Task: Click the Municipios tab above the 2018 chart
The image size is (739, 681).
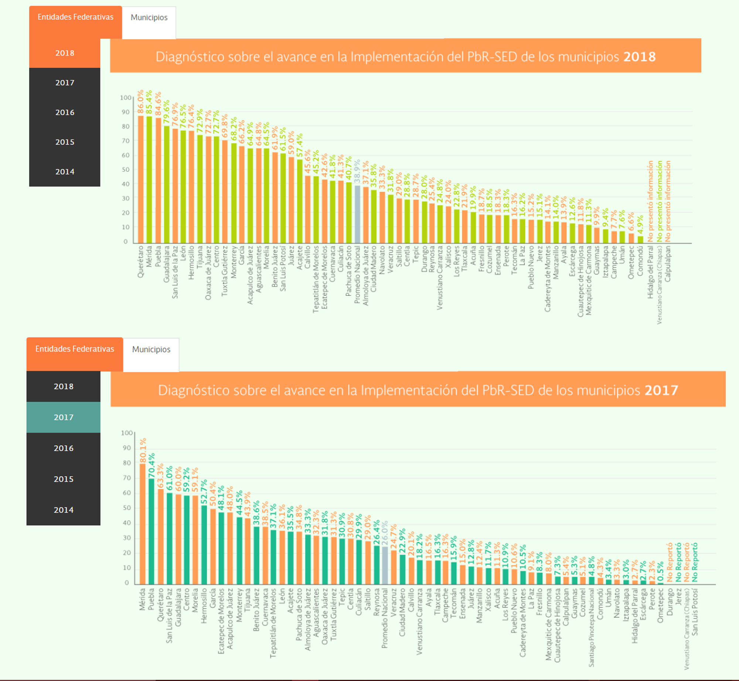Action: pos(149,18)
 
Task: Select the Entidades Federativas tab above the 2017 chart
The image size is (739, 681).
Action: pos(75,349)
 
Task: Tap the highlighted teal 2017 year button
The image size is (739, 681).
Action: pos(64,417)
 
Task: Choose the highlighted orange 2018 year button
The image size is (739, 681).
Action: pos(65,53)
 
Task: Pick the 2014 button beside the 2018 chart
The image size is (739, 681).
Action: pos(65,172)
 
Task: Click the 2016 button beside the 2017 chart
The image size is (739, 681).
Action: pos(64,448)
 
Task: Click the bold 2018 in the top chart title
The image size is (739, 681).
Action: pos(639,57)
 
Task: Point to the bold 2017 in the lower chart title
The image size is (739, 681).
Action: pos(661,390)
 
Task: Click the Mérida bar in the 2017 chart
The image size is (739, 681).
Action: pos(143,524)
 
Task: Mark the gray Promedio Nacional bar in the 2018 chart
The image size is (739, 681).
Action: pos(357,214)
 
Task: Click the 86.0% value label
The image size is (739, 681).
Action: pos(141,102)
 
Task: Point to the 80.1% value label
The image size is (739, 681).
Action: pos(143,450)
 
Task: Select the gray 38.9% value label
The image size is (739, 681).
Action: pos(357,171)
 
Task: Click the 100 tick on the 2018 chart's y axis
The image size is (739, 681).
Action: pos(126,98)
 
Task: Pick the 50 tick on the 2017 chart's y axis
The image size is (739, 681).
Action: pos(127,508)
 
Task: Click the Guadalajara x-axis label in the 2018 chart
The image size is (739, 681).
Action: pos(167,264)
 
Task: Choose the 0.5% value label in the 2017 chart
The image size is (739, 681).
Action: pos(661,571)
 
